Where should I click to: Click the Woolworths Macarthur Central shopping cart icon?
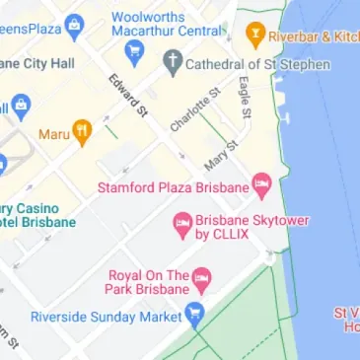point(135,49)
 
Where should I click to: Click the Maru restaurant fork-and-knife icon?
point(83,131)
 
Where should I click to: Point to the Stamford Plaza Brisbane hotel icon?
point(261,183)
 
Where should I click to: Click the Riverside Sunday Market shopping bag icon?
point(194,317)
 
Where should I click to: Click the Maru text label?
point(53,133)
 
